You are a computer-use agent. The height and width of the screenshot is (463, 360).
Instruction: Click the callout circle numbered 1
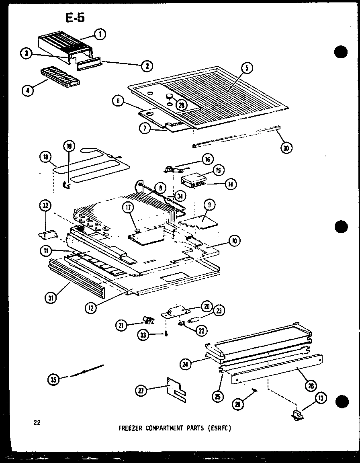click(100, 35)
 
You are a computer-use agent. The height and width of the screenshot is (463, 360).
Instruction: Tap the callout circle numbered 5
click(247, 68)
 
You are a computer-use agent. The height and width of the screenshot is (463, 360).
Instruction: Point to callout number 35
click(53, 379)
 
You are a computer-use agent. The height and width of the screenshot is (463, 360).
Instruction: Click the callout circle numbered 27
click(141, 390)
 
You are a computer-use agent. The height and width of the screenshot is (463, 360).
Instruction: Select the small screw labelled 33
click(166, 334)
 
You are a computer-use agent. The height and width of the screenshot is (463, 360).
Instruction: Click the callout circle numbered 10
click(233, 241)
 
